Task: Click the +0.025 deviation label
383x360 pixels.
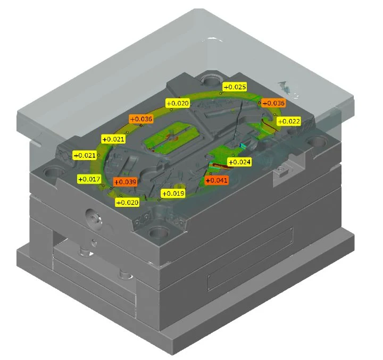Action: tap(235, 87)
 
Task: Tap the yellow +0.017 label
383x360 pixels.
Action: tap(89, 179)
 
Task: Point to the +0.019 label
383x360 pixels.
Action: tap(173, 194)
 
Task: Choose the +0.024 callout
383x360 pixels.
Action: tap(239, 162)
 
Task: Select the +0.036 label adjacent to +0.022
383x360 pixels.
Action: tap(273, 103)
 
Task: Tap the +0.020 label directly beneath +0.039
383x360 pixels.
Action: tap(127, 202)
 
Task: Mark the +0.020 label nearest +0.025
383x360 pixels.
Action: tap(178, 103)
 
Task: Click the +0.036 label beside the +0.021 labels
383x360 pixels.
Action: tap(141, 119)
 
